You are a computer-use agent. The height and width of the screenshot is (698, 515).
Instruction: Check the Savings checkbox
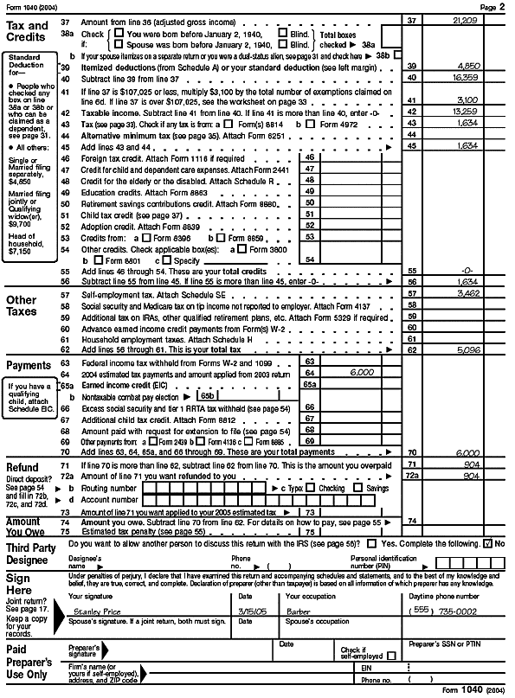[358, 488]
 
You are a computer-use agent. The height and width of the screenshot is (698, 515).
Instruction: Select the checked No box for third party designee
[489, 543]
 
